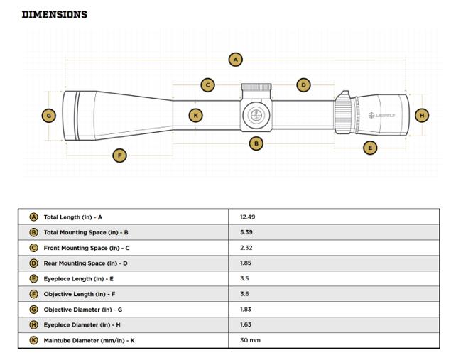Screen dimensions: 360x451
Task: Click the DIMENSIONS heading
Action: pos(55,14)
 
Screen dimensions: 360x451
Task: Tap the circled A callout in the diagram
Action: pos(236,60)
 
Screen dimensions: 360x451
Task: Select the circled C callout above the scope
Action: pos(207,85)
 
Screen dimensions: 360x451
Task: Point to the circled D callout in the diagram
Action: pos(303,85)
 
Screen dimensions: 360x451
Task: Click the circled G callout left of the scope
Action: pos(48,115)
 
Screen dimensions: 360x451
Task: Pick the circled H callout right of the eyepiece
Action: pos(422,115)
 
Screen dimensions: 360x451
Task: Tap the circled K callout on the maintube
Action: pos(196,115)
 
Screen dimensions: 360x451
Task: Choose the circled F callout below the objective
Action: pos(119,156)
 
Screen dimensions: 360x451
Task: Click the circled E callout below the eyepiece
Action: pos(369,148)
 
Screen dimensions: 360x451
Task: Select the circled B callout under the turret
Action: pos(256,143)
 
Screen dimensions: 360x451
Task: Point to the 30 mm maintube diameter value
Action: pos(251,341)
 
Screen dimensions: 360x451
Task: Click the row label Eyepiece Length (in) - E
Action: pos(79,279)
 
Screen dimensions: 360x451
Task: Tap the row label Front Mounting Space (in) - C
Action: pos(87,248)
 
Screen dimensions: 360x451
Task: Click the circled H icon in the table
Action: pos(33,325)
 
